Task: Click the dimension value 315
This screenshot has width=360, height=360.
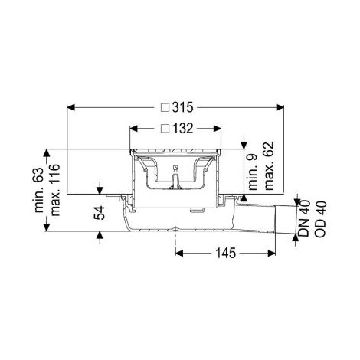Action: [x=182, y=107]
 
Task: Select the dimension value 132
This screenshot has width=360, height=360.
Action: [x=183, y=129]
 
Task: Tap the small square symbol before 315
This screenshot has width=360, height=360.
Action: [x=165, y=107]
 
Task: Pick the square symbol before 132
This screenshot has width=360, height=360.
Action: [x=165, y=129]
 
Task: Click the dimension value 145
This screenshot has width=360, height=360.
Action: [x=226, y=253]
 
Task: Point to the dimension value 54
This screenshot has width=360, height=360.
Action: [x=100, y=212]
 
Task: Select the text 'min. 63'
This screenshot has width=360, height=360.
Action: [x=39, y=190]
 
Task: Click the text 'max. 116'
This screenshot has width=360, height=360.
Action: [x=55, y=190]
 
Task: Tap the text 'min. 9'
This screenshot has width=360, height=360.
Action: [x=253, y=172]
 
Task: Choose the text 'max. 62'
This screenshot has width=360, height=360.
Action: [x=269, y=166]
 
